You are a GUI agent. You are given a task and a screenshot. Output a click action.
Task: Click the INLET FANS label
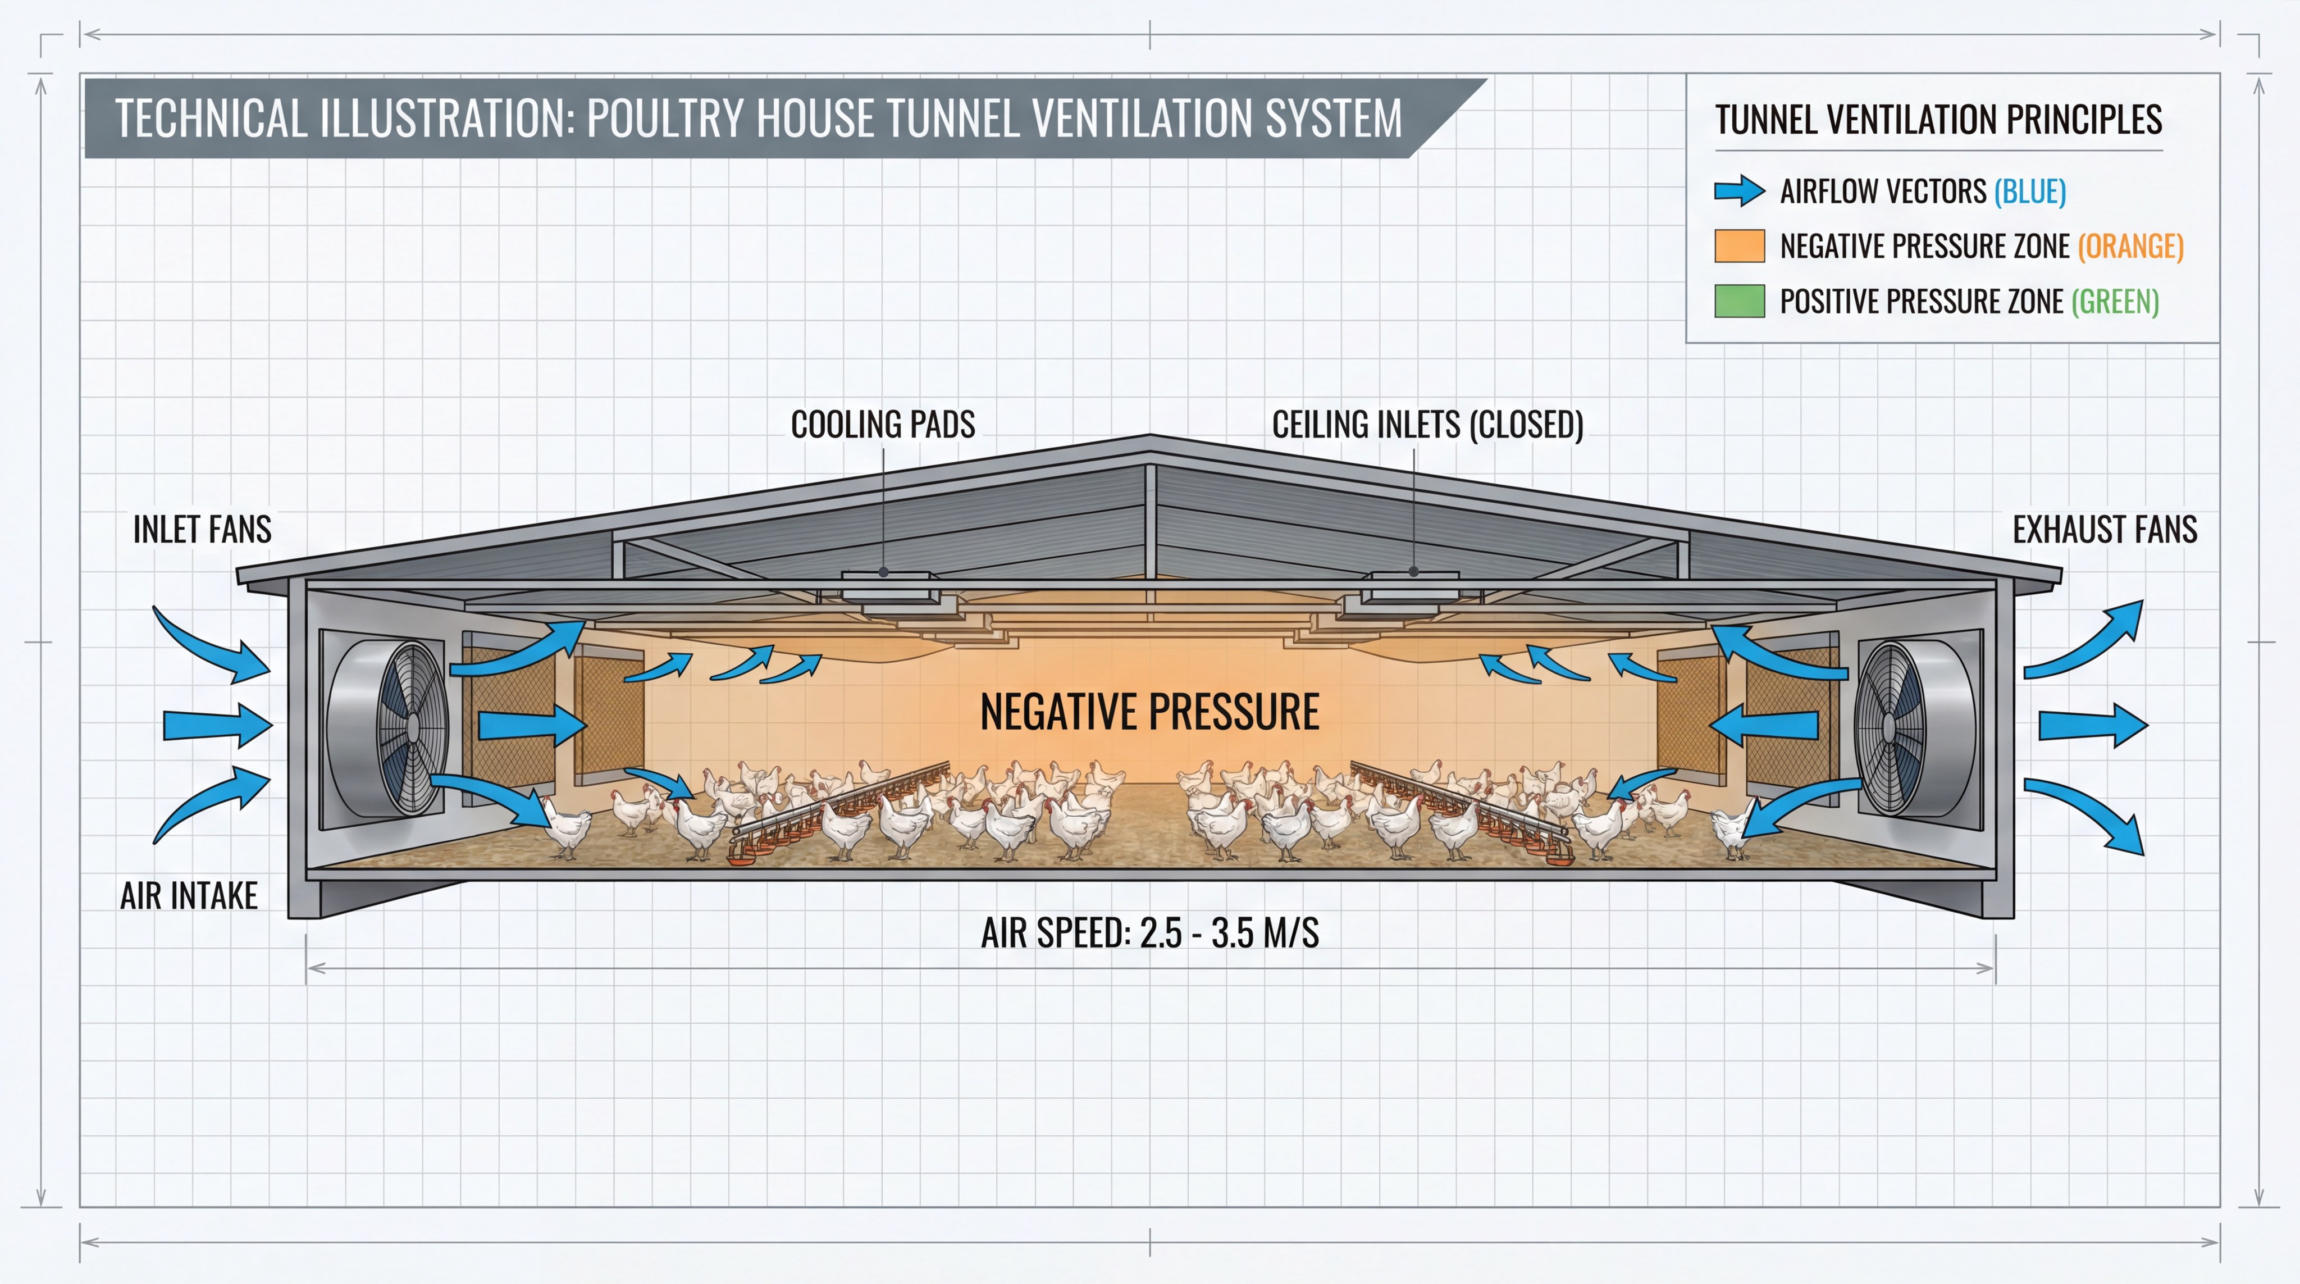[x=202, y=530]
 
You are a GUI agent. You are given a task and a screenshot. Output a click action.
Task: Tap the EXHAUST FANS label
[x=2105, y=530]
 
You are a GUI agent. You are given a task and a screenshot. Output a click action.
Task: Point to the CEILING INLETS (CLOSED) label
[x=1427, y=424]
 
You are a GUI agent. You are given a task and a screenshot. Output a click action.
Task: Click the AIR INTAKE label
[x=189, y=895]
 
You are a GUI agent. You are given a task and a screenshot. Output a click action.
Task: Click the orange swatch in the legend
[x=1739, y=245]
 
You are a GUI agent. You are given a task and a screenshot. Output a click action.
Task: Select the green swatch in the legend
[x=1739, y=301]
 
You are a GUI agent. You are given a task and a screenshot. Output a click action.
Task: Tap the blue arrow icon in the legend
[x=1739, y=191]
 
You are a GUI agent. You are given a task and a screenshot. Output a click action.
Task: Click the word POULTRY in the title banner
[x=663, y=119]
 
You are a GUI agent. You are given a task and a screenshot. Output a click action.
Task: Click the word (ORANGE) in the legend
[x=2130, y=245]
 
